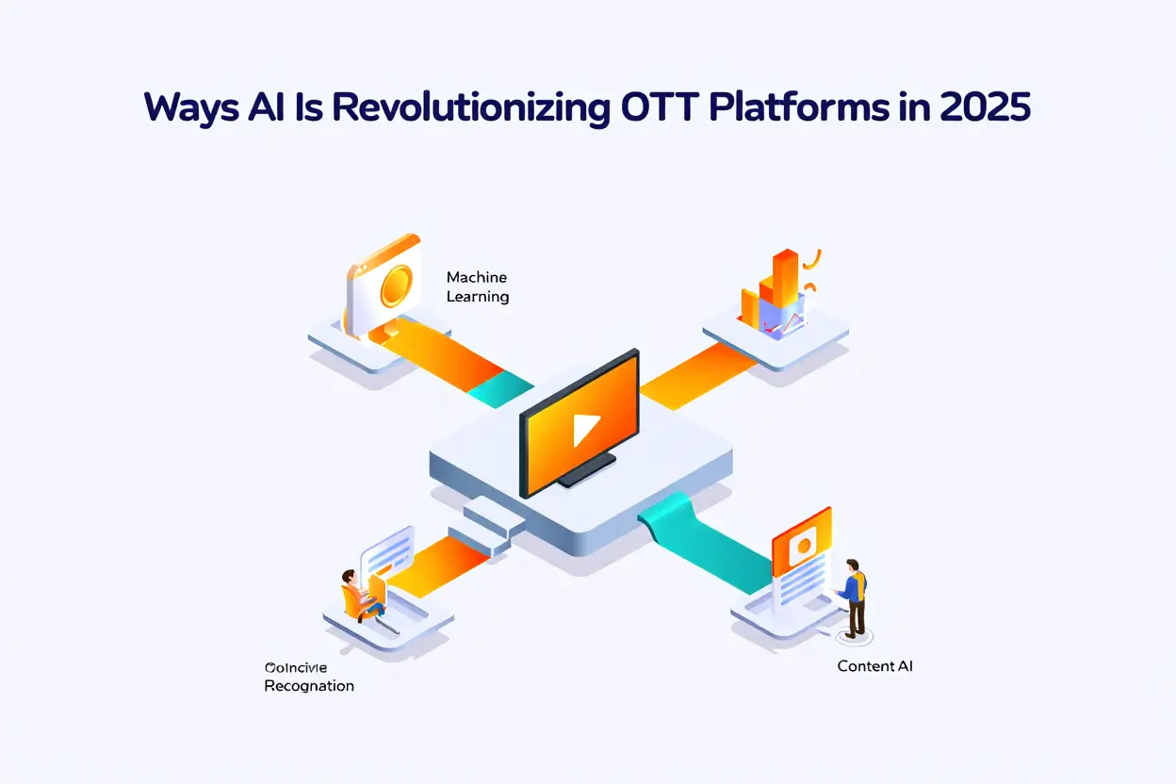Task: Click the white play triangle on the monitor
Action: (x=585, y=430)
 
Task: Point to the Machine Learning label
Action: (x=477, y=286)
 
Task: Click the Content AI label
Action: (x=874, y=666)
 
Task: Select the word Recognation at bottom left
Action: (x=309, y=686)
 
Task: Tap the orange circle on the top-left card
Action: (x=396, y=284)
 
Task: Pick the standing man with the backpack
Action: (x=854, y=596)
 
